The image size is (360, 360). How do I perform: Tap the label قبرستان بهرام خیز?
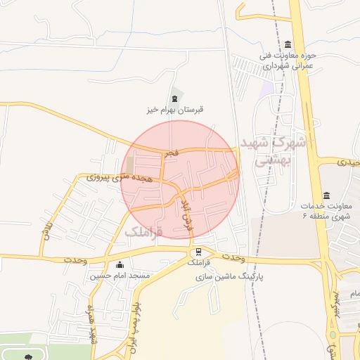pyautogui.click(x=174, y=110)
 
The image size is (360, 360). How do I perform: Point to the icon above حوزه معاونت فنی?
pyautogui.click(x=288, y=44)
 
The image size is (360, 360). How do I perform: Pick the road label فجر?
pyautogui.click(x=172, y=152)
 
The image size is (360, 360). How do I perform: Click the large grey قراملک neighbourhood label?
pyautogui.click(x=144, y=231)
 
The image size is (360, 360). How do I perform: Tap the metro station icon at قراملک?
pyautogui.click(x=199, y=251)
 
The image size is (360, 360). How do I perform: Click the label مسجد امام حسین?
pyautogui.click(x=120, y=276)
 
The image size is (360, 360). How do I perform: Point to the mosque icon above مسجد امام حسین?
pyautogui.click(x=120, y=265)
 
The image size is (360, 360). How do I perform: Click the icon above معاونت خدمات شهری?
pyautogui.click(x=326, y=195)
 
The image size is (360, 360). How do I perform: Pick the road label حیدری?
pyautogui.click(x=348, y=162)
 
